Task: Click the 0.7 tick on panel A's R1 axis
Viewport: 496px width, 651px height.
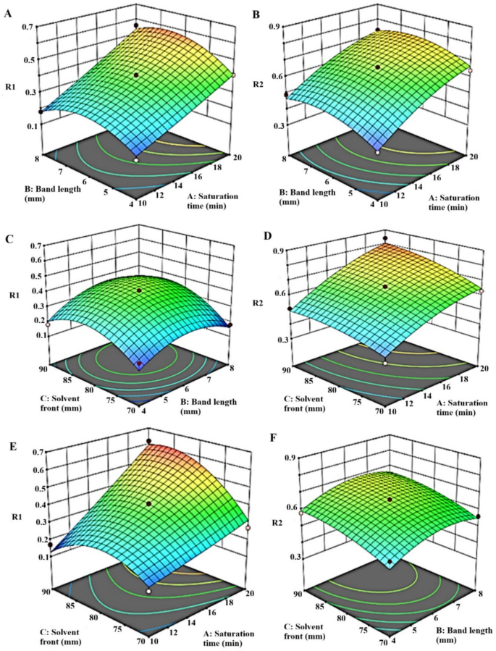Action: click(31, 27)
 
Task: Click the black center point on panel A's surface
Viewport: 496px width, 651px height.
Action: click(135, 75)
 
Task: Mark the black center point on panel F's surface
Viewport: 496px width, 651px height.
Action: click(390, 500)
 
